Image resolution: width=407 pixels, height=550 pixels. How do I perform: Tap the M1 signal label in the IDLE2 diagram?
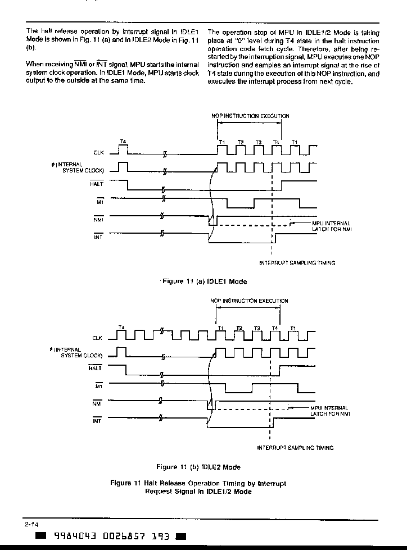(99, 387)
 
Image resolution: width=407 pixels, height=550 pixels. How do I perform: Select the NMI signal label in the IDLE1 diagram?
(98, 220)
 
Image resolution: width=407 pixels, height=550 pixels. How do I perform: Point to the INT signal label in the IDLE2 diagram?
(97, 421)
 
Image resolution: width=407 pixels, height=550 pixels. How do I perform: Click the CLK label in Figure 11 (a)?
(98, 153)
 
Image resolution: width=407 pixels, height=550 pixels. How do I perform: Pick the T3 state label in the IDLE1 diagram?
(259, 142)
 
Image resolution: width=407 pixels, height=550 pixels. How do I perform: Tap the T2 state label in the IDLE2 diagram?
(239, 328)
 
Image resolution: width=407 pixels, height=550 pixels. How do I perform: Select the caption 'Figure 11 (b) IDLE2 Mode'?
(198, 467)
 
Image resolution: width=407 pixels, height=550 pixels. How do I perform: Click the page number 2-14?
(31, 525)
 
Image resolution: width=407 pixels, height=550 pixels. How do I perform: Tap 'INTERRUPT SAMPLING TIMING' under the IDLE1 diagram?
(297, 263)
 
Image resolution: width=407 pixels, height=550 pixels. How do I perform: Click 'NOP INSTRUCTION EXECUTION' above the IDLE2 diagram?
(249, 301)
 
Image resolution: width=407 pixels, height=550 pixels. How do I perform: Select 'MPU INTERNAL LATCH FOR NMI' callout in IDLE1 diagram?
(332, 226)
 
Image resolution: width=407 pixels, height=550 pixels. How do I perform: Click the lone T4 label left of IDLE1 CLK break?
(123, 142)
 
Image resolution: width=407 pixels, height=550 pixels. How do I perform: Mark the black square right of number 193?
(180, 537)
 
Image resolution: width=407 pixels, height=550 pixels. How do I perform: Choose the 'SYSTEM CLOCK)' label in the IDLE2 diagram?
(82, 355)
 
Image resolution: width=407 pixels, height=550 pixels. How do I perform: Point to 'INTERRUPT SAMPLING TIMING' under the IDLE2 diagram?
(296, 448)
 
